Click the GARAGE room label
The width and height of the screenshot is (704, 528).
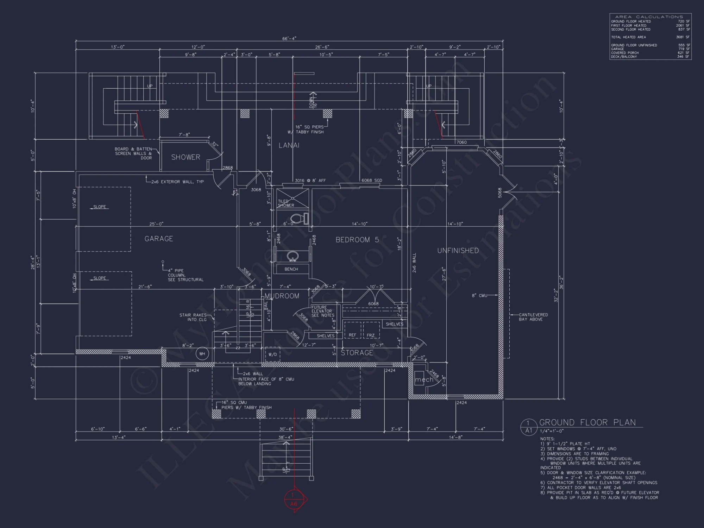pos(159,239)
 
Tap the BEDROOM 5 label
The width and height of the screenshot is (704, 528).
pos(357,240)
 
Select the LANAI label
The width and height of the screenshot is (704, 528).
pos(289,145)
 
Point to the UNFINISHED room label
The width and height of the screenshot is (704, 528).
pos(458,251)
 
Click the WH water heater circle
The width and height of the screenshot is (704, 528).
pos(202,354)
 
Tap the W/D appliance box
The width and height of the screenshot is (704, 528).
pos(272,354)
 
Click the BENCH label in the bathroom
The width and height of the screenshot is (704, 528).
pos(291,269)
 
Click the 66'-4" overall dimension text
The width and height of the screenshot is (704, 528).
pos(289,38)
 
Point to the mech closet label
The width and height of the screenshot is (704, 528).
pos(424,380)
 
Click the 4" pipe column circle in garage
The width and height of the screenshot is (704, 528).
pos(163,262)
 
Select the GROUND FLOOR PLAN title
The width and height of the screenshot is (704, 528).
pos(587,422)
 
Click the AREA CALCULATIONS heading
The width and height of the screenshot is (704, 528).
pos(649,17)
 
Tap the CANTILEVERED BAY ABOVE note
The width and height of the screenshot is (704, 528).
pos(533,317)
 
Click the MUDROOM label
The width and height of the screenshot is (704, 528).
pos(282,296)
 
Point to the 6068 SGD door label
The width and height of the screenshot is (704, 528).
pos(372,181)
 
